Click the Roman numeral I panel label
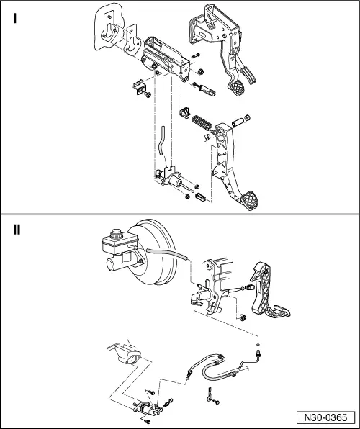tap(15, 18)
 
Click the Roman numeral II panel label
tap(17, 230)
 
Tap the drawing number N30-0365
tap(325, 417)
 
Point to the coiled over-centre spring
tap(202, 123)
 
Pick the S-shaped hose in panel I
tap(161, 140)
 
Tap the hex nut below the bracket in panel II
tap(242, 317)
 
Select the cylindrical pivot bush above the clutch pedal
tap(238, 122)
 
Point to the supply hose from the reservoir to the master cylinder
tap(167, 253)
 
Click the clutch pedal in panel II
tap(267, 291)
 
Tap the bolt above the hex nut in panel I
tap(195, 55)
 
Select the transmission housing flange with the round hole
tap(127, 355)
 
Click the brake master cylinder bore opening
tap(110, 265)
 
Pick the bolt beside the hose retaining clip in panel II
tap(216, 402)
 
